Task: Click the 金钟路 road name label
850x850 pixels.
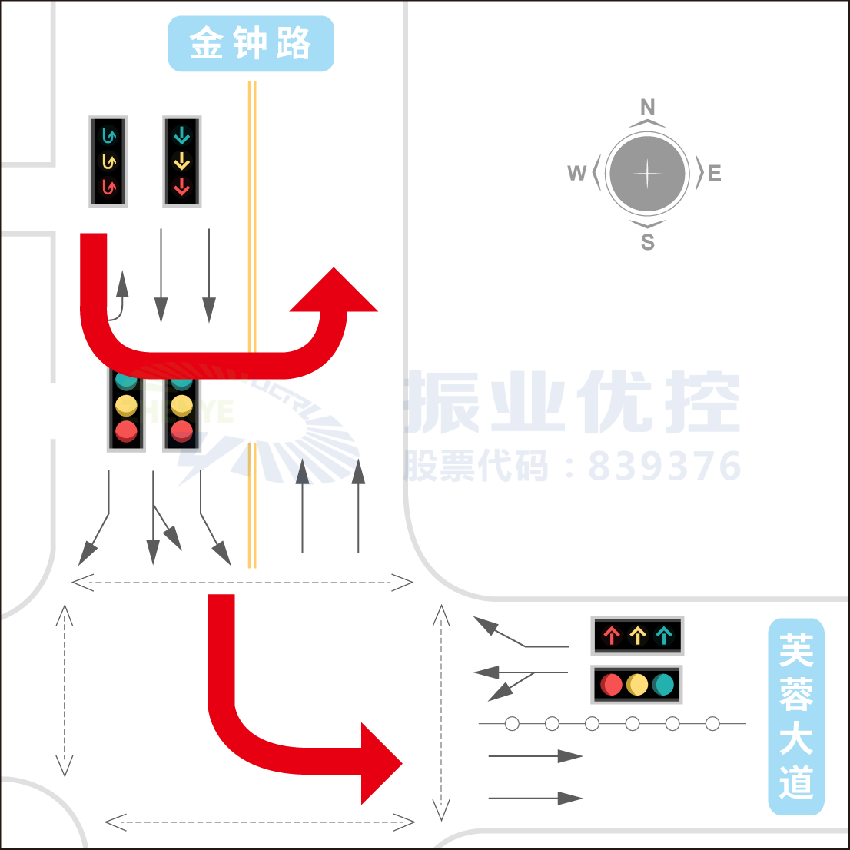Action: pos(251,44)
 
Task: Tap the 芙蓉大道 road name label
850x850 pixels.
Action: pos(796,716)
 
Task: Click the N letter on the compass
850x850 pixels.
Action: pos(648,107)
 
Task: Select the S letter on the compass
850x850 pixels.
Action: pos(648,242)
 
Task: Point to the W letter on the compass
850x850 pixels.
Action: pos(576,174)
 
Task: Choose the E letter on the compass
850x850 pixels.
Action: pos(715,174)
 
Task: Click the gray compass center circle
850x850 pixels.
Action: pos(647,174)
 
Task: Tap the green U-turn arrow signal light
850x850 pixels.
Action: pos(108,137)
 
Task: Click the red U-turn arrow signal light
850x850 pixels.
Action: pos(108,187)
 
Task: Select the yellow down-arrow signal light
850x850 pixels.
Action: pos(181,161)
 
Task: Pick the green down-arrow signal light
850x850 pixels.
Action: pos(181,137)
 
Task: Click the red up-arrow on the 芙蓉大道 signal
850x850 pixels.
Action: pos(612,636)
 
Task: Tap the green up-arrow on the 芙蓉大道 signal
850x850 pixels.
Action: pos(663,636)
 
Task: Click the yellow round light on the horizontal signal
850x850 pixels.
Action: pos(637,684)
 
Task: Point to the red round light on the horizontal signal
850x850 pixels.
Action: pos(612,684)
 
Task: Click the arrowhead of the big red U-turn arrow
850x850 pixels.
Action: pos(334,292)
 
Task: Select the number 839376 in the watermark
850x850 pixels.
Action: pos(665,466)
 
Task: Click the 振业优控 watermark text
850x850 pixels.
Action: pos(573,401)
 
